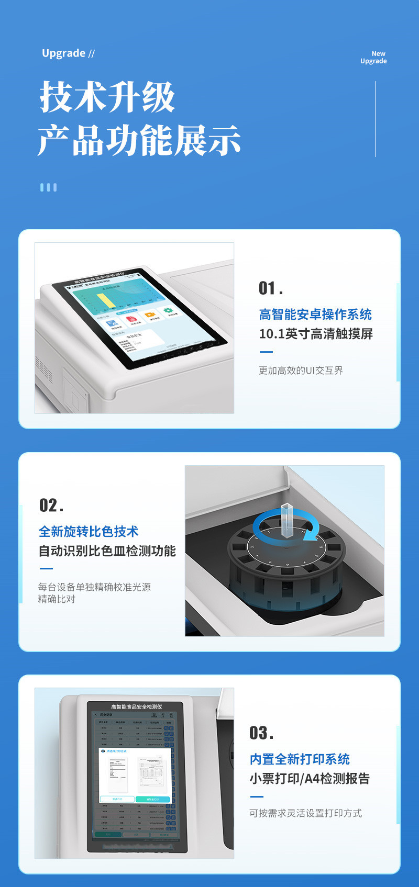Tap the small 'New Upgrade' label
click(373, 57)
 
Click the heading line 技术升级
click(107, 97)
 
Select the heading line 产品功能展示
click(139, 140)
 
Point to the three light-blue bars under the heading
click(48, 187)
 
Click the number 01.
click(270, 288)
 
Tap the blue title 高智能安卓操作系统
click(315, 315)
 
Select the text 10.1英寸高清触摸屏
click(316, 334)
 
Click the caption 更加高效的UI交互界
click(301, 370)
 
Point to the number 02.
click(51, 506)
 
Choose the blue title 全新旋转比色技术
click(89, 532)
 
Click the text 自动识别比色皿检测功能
click(107, 551)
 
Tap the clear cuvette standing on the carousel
click(288, 520)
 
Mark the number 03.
click(261, 733)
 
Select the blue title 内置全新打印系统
click(300, 759)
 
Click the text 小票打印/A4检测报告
click(310, 779)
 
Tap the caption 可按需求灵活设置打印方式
click(305, 813)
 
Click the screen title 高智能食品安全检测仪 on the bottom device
click(136, 707)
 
